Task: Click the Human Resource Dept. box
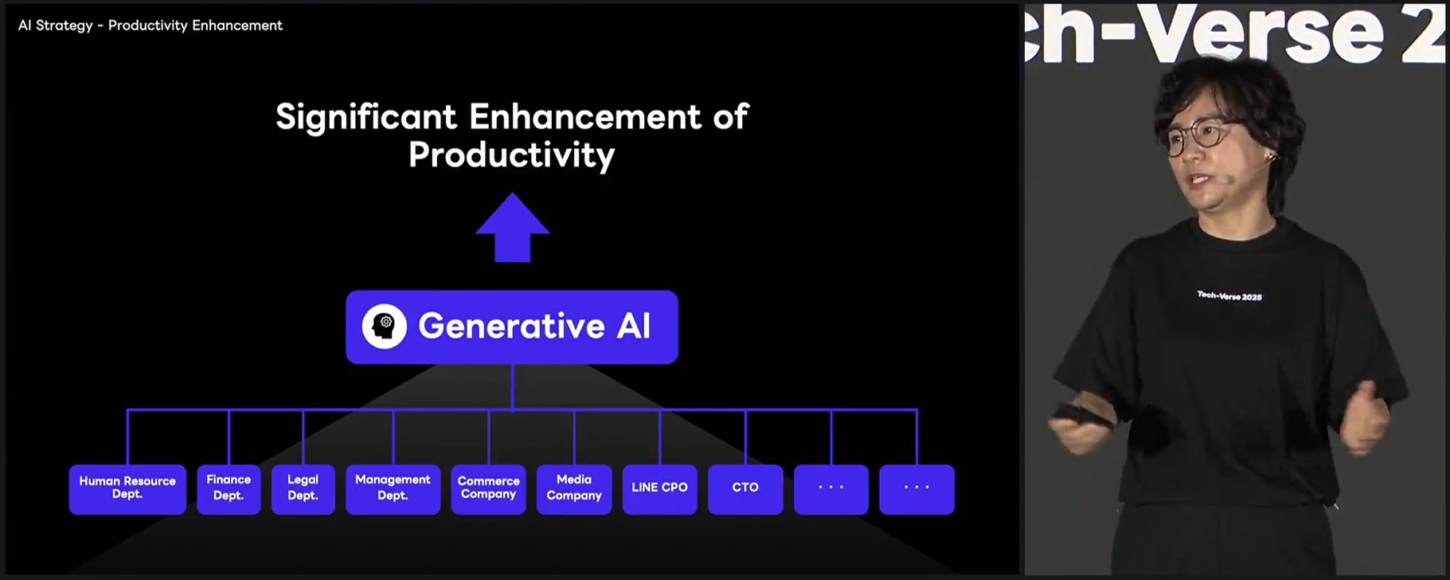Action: coord(127,489)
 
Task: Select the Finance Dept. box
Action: coord(229,489)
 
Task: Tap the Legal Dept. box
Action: coord(303,489)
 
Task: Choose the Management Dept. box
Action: coord(393,489)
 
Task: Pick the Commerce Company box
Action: coord(488,489)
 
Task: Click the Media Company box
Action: coord(574,489)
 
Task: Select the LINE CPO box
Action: coord(659,489)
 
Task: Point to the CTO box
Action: coord(745,489)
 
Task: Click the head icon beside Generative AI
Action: coord(385,326)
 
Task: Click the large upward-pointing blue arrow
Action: coord(513,227)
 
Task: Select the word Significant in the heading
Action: coord(366,117)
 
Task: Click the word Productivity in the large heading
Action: coord(512,155)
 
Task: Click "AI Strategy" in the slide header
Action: coord(56,25)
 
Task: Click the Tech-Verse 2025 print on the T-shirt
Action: coord(1229,296)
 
